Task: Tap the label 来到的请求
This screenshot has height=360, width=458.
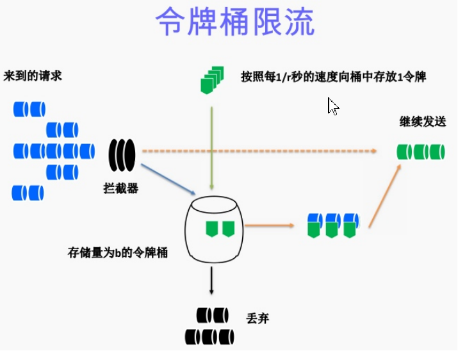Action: [33, 76]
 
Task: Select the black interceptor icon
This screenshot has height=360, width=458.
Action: [122, 154]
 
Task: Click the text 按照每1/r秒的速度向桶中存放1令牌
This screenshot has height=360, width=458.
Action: [334, 76]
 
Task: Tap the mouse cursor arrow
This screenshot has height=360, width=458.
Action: [332, 106]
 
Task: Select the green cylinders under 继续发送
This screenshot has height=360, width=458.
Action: [420, 152]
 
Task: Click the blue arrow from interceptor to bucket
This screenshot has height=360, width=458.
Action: [167, 179]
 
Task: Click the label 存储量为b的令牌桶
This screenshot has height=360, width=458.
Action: [117, 252]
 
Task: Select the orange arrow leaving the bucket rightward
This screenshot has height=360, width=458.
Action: [269, 225]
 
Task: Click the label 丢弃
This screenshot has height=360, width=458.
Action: [258, 318]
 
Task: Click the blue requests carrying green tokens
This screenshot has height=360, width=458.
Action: [332, 224]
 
